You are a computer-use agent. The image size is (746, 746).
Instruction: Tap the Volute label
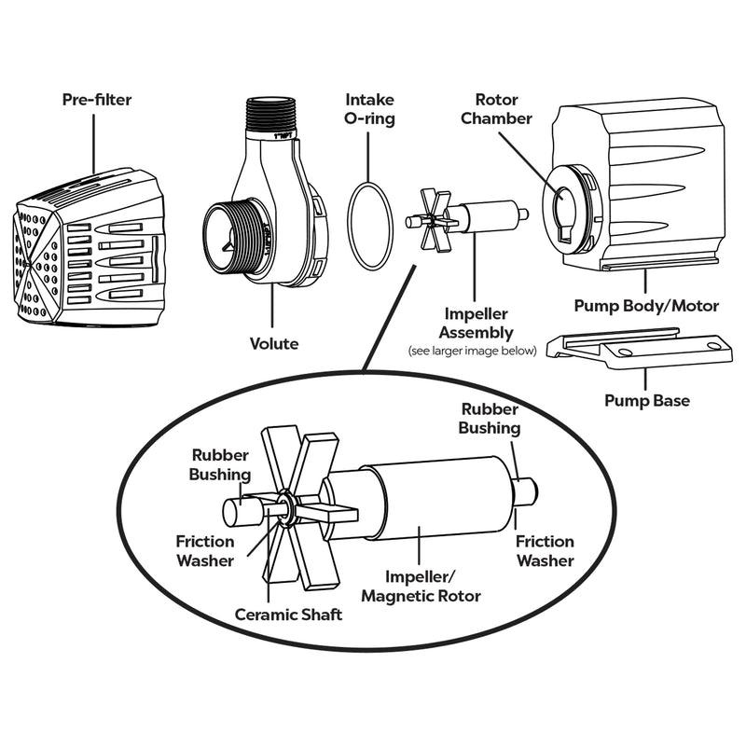[275, 344]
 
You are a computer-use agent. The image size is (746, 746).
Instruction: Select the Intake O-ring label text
[370, 109]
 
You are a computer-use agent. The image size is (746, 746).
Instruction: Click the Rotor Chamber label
[503, 108]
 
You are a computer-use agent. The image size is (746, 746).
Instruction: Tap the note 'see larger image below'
[473, 351]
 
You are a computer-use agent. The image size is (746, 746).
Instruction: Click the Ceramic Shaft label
[288, 615]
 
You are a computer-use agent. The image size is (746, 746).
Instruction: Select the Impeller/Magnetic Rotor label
[421, 587]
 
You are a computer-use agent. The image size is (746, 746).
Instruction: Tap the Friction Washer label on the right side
[546, 550]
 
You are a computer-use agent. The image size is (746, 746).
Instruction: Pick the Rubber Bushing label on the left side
[221, 464]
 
